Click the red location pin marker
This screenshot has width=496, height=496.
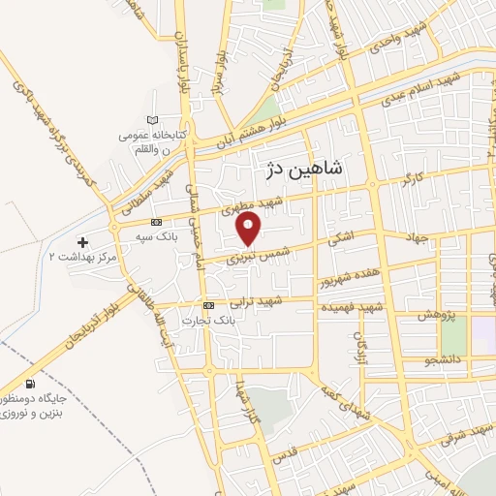(250, 229)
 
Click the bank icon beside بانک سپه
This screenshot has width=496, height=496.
(156, 223)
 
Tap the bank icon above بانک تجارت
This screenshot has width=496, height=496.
(209, 303)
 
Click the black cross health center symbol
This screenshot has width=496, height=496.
(82, 240)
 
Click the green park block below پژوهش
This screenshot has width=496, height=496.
(453, 335)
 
